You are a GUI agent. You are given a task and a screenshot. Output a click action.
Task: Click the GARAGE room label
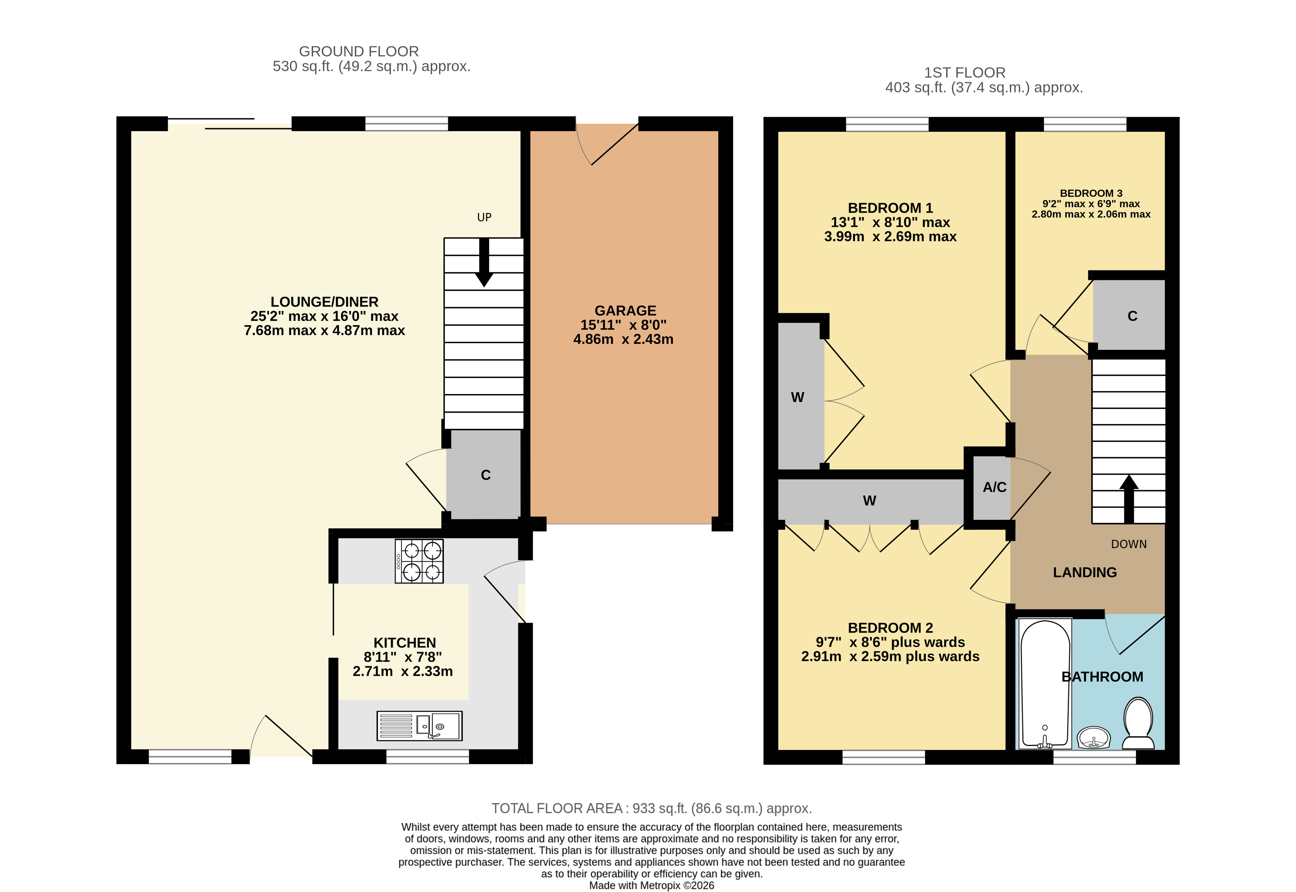click(625, 311)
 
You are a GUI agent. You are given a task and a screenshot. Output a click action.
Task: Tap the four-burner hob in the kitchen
click(419, 561)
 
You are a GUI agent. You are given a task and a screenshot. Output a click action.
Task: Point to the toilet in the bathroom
click(1138, 723)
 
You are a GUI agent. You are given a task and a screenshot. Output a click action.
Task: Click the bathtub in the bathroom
click(1045, 683)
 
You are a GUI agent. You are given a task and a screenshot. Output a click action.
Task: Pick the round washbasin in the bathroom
click(1093, 738)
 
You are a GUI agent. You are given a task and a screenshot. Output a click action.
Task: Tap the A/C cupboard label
click(994, 487)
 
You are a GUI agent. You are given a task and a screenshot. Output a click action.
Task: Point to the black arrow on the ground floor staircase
click(484, 263)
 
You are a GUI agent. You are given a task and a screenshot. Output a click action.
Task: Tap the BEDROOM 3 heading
click(1091, 193)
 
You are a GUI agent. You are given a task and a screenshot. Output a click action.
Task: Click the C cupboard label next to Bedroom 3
click(1132, 316)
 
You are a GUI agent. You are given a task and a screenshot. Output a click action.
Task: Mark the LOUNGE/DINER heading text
click(325, 302)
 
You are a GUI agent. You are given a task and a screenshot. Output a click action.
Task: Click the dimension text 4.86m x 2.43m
click(624, 339)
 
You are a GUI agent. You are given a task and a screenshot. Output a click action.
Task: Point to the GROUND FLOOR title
click(359, 51)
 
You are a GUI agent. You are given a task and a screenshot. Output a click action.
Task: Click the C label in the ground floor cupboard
click(485, 475)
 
